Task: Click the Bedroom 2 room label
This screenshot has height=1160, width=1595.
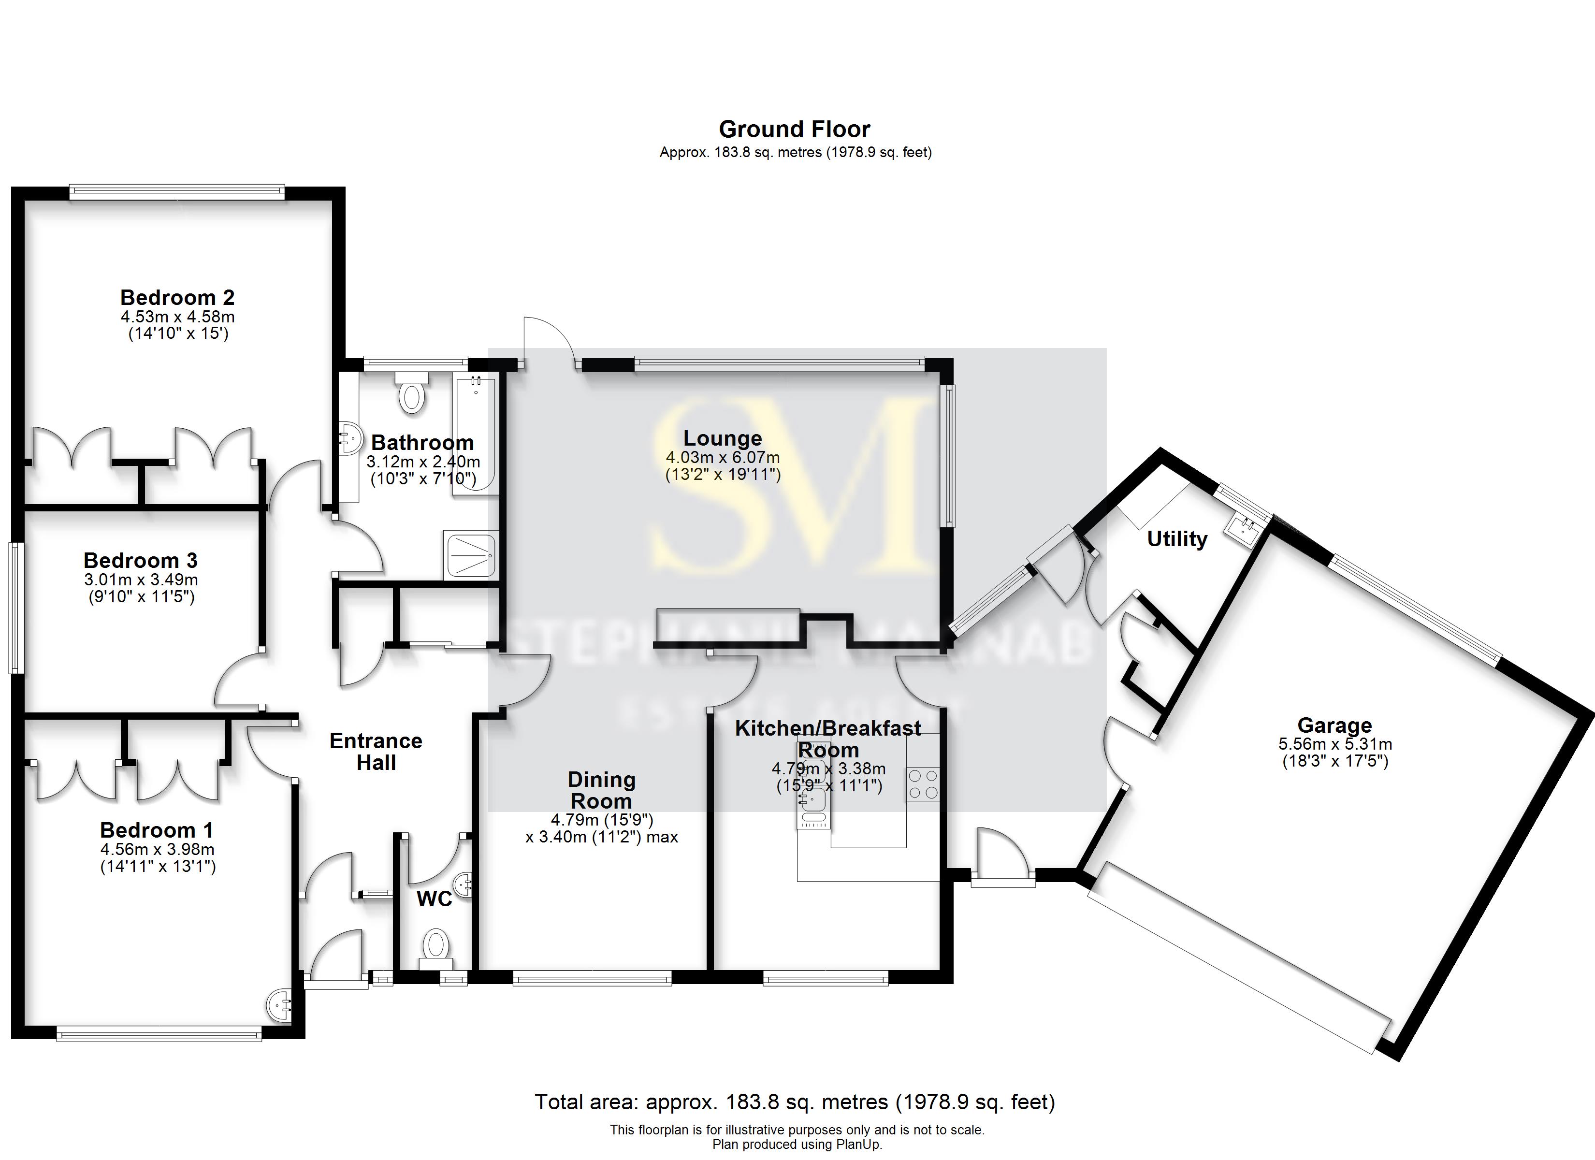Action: [177, 298]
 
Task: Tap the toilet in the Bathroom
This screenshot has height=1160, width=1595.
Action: [412, 394]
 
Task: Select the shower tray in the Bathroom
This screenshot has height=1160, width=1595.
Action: [470, 555]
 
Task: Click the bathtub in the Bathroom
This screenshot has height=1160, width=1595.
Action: [476, 436]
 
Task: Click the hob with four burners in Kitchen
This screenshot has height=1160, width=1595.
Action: [923, 784]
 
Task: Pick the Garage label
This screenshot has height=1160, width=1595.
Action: [1334, 725]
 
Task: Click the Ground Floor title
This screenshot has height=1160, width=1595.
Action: [794, 130]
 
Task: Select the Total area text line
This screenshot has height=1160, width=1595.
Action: [795, 1102]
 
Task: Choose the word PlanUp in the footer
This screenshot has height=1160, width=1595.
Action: [858, 1145]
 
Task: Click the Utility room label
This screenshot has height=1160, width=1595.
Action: [1176, 539]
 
